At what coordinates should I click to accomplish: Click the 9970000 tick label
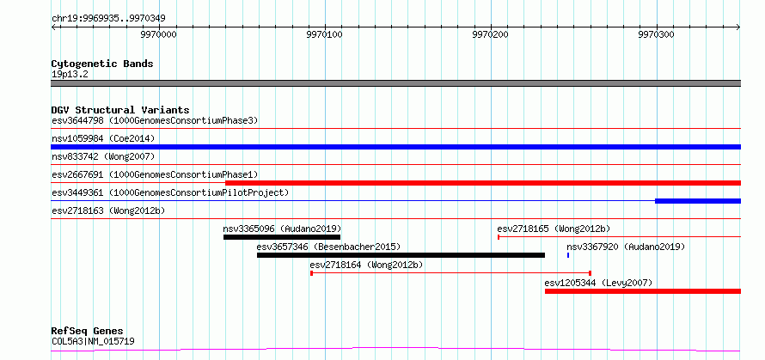click(158, 35)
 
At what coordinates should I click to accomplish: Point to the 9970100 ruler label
click(324, 35)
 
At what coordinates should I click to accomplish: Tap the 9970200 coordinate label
click(490, 35)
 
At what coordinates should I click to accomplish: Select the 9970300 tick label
click(656, 35)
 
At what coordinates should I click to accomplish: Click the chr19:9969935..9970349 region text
click(108, 19)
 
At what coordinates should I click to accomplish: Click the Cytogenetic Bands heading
click(102, 64)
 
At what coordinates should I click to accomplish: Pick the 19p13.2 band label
click(70, 75)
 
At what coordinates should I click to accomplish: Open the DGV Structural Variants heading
click(120, 110)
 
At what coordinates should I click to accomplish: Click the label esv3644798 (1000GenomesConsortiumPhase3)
click(155, 120)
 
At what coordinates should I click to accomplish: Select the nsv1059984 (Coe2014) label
click(103, 138)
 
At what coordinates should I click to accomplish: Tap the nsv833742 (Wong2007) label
click(103, 156)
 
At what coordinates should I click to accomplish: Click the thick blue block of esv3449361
click(698, 201)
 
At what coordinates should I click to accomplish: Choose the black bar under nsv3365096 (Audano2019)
click(282, 237)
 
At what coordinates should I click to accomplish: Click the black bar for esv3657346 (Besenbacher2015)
click(401, 255)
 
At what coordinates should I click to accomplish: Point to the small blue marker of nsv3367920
click(568, 255)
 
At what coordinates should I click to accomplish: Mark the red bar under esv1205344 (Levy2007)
click(643, 291)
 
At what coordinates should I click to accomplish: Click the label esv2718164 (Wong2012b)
click(366, 265)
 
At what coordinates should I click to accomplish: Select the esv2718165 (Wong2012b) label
click(554, 229)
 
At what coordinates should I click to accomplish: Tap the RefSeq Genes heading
click(88, 332)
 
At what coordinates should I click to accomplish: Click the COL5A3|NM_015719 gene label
click(93, 341)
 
